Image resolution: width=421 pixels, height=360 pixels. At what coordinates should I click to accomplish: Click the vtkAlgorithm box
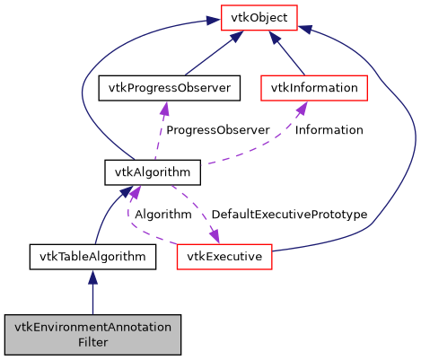pos(137,171)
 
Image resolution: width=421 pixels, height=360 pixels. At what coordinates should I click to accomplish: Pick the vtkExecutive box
pos(224,257)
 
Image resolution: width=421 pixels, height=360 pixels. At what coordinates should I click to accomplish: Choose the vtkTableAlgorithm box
pos(92,257)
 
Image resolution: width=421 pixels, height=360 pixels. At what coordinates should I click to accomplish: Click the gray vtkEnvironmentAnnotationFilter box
pos(92,334)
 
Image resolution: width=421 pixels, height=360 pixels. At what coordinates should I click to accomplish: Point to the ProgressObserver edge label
pos(217,130)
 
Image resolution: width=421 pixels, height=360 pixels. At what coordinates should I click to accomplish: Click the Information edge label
pos(329,130)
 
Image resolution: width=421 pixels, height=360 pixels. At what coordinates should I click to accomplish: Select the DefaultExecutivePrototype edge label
pos(289,215)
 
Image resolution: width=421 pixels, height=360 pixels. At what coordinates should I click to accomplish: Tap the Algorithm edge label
pos(163,215)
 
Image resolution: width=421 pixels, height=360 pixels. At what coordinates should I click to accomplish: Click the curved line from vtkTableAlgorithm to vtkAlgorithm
pos(106,215)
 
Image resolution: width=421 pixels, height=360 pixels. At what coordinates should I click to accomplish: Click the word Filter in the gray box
pos(92,342)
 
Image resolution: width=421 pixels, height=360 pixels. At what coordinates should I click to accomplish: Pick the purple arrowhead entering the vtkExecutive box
pos(215,237)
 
